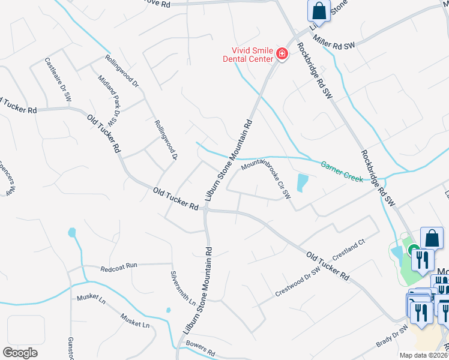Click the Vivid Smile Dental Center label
click(x=248, y=55)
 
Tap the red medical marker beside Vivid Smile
click(x=282, y=55)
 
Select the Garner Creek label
click(x=342, y=172)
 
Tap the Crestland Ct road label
click(x=349, y=250)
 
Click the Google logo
click(x=20, y=353)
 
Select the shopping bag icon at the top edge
click(x=319, y=10)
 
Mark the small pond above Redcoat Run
click(x=73, y=232)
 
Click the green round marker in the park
click(x=413, y=250)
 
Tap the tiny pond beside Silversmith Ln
click(x=168, y=310)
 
